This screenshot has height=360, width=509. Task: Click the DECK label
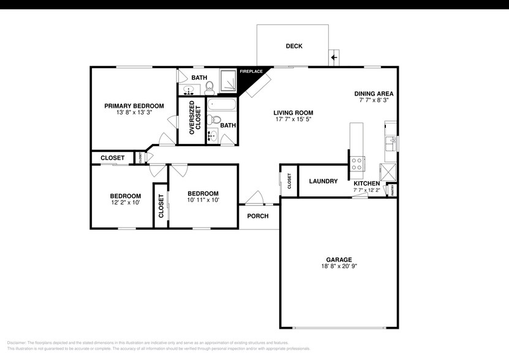pos(293,46)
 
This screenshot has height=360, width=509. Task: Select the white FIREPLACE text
pos(251,72)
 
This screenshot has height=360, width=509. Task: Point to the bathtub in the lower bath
pos(221,105)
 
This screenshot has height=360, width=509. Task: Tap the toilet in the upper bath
pos(209,86)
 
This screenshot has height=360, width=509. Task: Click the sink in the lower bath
pos(212,136)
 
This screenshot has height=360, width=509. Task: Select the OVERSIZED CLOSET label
pos(195,121)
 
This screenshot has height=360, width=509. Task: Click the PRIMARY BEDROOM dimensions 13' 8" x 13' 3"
pos(134,113)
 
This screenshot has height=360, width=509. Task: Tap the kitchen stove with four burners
pos(356,163)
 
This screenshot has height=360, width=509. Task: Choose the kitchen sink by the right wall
pos(390,143)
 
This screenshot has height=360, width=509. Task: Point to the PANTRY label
pos(392,190)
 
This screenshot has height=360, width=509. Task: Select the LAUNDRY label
pos(323,181)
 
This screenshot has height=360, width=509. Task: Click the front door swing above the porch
pos(254,197)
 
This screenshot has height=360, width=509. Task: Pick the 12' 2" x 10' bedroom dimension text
pos(125,202)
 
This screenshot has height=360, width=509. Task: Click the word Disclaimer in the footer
pos(18,343)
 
